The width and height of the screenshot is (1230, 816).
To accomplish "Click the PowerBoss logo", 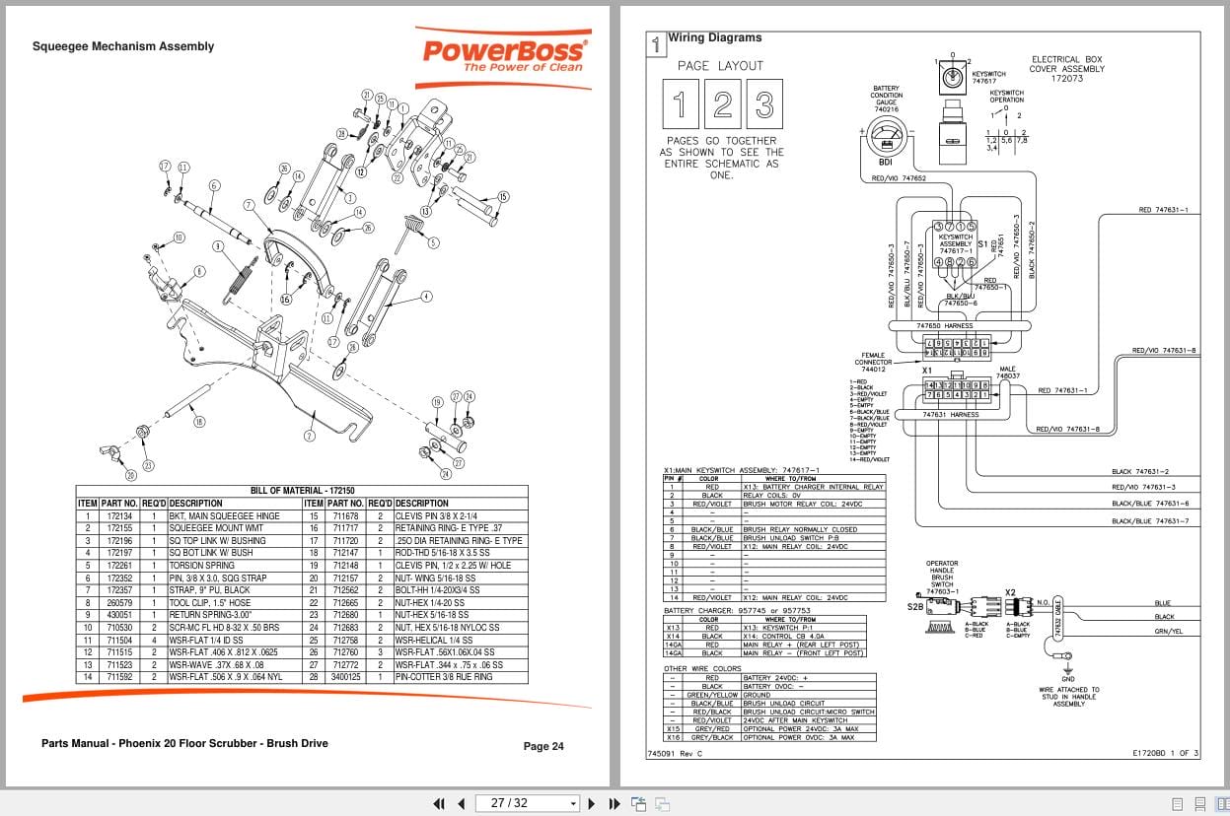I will (x=504, y=53).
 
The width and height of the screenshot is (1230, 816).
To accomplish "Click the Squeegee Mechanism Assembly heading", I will (x=123, y=46).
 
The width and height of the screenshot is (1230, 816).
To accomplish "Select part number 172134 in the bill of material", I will (x=119, y=515).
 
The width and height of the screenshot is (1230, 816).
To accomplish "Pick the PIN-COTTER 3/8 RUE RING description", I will (x=443, y=678).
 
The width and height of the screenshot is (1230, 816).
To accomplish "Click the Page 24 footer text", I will (x=543, y=746).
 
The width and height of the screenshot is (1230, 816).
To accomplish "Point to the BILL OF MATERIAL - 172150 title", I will (x=302, y=491).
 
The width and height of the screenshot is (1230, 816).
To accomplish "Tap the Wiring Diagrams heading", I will (x=715, y=38).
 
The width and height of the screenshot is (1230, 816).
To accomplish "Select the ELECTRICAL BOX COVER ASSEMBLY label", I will (x=1067, y=69).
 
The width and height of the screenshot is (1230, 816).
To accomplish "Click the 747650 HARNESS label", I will (x=944, y=326).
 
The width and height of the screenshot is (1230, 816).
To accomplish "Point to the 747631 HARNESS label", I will (x=950, y=415).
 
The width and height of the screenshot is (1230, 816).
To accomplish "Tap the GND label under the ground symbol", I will (x=1067, y=679).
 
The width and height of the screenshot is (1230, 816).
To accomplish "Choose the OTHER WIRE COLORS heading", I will (x=702, y=668).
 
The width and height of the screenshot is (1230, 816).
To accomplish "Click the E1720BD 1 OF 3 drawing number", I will (x=1165, y=753).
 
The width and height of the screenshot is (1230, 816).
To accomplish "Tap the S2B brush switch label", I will (x=914, y=607).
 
